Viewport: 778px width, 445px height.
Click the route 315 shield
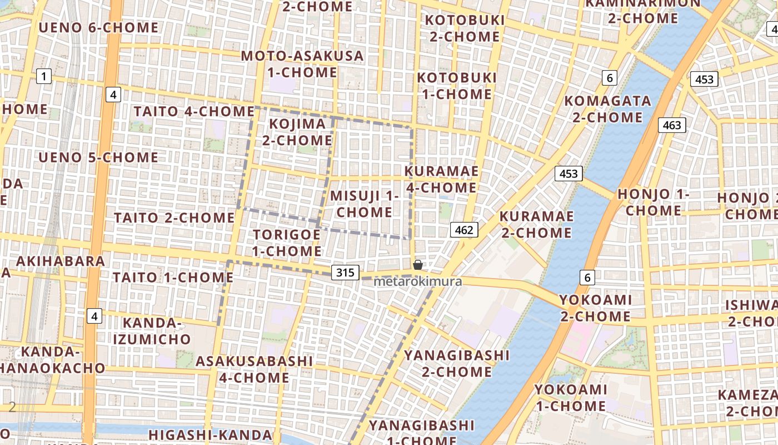[345, 273]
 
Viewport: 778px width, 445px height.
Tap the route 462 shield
[464, 230]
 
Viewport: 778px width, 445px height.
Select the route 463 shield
[672, 125]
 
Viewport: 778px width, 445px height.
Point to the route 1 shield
[44, 76]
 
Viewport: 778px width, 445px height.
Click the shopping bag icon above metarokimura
[417, 265]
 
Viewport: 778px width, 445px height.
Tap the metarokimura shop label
[417, 281]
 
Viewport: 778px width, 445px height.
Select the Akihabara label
[61, 261]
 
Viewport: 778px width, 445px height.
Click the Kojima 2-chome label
[297, 132]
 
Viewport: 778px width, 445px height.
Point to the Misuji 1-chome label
[365, 204]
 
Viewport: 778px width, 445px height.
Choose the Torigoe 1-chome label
[287, 243]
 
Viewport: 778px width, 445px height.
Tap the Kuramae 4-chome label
[441, 179]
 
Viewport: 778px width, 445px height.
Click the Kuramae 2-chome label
[536, 224]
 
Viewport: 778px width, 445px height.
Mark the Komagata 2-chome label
[607, 109]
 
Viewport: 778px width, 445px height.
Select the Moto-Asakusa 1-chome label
[302, 64]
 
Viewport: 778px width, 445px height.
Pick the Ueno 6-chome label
[99, 27]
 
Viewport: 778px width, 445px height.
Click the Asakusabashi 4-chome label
[254, 369]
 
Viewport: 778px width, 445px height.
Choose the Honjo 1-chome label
[654, 202]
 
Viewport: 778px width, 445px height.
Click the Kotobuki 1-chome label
[456, 86]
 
